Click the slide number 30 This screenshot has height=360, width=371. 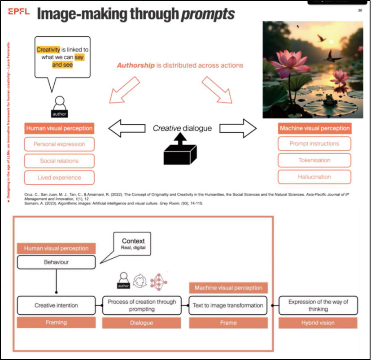360,10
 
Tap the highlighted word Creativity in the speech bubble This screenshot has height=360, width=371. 48,50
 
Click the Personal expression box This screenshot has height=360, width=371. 59,144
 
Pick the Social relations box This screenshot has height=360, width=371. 59,161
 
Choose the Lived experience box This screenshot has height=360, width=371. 59,178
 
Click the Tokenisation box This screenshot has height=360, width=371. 314,160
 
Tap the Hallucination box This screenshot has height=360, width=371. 314,177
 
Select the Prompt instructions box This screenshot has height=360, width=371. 314,143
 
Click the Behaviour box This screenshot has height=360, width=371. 56,262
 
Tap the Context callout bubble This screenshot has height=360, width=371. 133,244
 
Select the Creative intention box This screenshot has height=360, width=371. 56,305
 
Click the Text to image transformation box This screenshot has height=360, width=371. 228,305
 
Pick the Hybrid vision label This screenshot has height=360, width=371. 318,322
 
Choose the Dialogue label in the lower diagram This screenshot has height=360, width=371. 142,322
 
